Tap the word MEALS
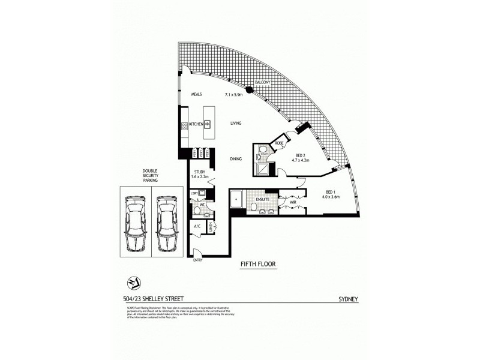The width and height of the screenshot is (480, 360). [x=196, y=95]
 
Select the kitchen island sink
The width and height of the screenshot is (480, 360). [x=208, y=124]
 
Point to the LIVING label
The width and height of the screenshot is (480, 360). [x=235, y=124]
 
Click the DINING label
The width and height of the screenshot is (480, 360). [x=235, y=159]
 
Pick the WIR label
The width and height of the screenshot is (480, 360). [x=293, y=203]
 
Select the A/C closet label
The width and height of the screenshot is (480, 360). [x=196, y=227]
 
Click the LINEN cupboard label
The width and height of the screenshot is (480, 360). [x=210, y=227]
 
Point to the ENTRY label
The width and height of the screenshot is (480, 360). [x=197, y=260]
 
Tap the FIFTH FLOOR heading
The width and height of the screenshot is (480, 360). [x=257, y=263]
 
